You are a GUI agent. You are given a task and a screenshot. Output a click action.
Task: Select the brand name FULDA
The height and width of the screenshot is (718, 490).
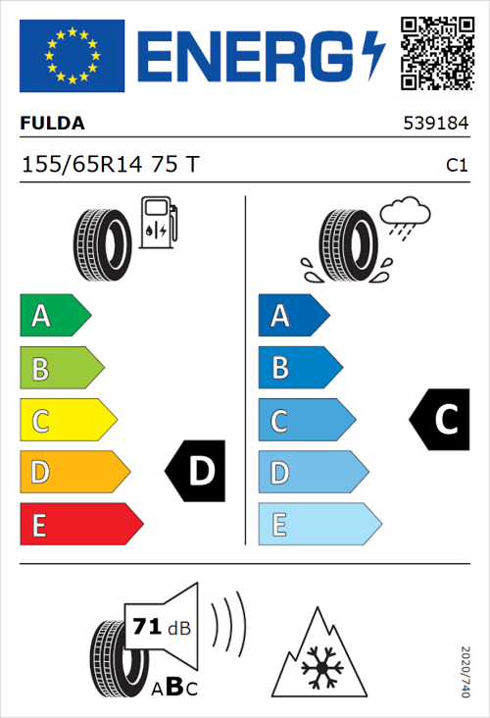52,124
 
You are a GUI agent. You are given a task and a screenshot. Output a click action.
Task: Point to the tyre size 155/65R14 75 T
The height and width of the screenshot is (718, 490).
110,165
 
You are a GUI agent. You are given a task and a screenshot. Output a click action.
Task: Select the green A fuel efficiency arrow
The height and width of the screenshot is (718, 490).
54,316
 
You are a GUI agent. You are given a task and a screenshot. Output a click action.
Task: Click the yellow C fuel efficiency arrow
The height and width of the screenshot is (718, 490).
67,421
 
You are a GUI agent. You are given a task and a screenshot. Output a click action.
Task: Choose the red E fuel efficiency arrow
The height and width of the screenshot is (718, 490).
79,525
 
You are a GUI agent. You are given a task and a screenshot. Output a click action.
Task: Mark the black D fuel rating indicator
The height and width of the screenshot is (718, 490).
196,472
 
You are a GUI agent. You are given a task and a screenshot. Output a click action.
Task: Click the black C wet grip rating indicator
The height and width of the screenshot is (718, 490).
440,420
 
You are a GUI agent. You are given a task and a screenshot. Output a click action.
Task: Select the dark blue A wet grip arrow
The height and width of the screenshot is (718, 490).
293,316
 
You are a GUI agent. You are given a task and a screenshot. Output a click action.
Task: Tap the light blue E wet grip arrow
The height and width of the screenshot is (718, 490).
318,525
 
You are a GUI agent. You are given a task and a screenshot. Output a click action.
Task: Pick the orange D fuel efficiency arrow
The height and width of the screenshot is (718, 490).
73,473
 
